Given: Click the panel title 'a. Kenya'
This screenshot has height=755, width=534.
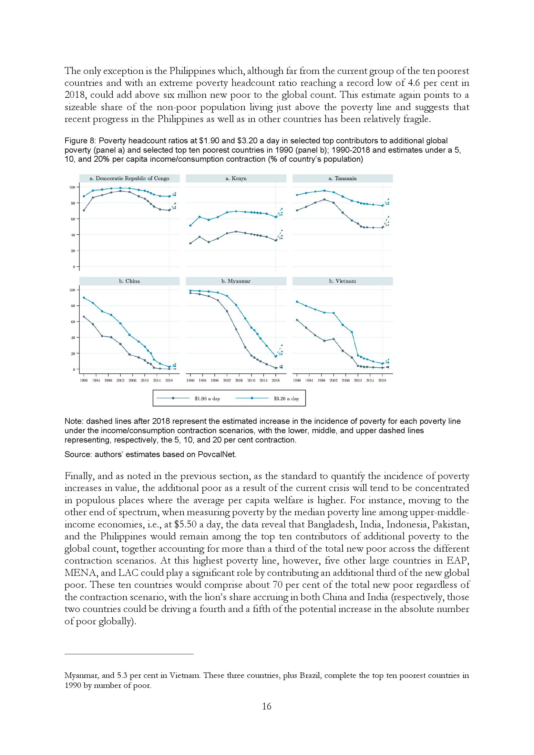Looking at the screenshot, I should (x=236, y=178).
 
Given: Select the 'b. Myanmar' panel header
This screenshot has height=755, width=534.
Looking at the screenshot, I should (x=236, y=281).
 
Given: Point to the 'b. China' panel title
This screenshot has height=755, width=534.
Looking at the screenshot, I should (x=129, y=281).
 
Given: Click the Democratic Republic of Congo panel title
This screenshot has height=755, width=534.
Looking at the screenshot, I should (x=129, y=178).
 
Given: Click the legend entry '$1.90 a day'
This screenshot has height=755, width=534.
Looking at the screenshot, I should (x=207, y=399).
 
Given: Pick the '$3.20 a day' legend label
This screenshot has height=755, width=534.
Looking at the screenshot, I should (x=286, y=399).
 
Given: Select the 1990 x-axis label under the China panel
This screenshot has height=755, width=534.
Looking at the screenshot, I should (x=84, y=381).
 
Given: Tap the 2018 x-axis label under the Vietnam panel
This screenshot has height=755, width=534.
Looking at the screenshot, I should (x=382, y=381).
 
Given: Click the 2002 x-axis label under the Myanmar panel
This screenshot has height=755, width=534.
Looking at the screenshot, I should (x=227, y=381).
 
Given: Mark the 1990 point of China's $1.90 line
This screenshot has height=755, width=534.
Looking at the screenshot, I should (x=84, y=317).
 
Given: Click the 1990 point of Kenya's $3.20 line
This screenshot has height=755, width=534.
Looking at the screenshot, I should (x=190, y=226).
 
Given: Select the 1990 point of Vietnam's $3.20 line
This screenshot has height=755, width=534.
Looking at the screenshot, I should (x=297, y=301).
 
